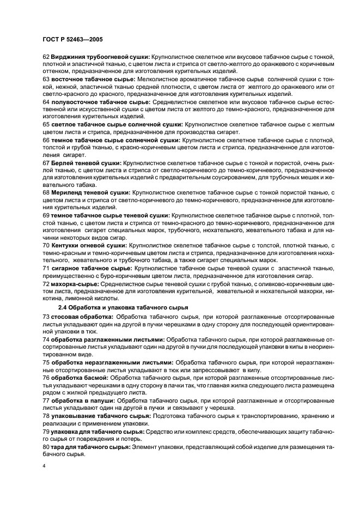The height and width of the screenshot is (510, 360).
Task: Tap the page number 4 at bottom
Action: click(44, 466)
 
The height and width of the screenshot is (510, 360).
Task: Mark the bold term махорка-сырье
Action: click(75, 284)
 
